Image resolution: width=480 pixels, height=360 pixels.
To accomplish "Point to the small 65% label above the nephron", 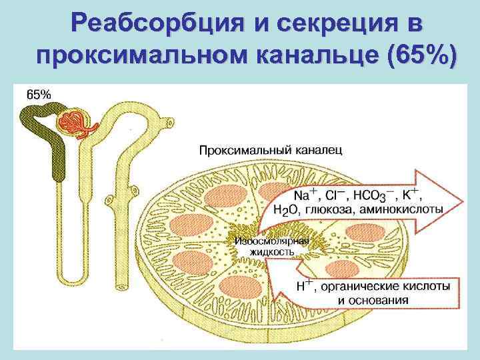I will coord(37,95).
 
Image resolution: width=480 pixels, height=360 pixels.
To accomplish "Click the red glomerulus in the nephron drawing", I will coord(73,123).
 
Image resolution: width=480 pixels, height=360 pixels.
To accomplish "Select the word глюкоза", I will coord(329,210).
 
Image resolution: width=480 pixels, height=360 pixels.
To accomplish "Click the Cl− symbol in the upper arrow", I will coord(336,196).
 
